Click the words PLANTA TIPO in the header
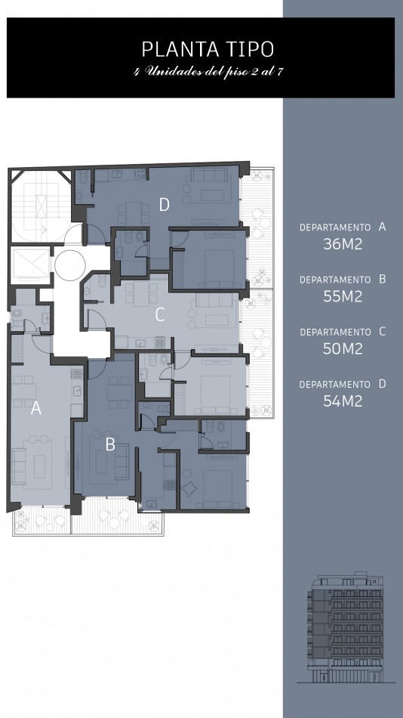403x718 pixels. tap(208, 49)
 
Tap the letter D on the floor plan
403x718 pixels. tap(165, 205)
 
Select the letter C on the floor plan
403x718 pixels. tap(160, 314)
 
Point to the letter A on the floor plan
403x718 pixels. tap(35, 408)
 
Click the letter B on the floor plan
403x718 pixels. tap(109, 444)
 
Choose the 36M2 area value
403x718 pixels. tap(343, 244)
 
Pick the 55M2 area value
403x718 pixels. tap(343, 296)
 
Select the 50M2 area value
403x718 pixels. tap(343, 349)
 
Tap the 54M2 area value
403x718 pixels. tap(343, 401)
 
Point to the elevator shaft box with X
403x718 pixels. tap(30, 265)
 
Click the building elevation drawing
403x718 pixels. tap(346, 627)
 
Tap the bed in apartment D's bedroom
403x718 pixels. tap(219, 263)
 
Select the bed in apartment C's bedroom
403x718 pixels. tap(215, 392)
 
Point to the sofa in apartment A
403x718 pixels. tap(18, 466)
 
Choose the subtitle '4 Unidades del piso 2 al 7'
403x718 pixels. tap(208, 72)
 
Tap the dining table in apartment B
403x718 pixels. tap(119, 392)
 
